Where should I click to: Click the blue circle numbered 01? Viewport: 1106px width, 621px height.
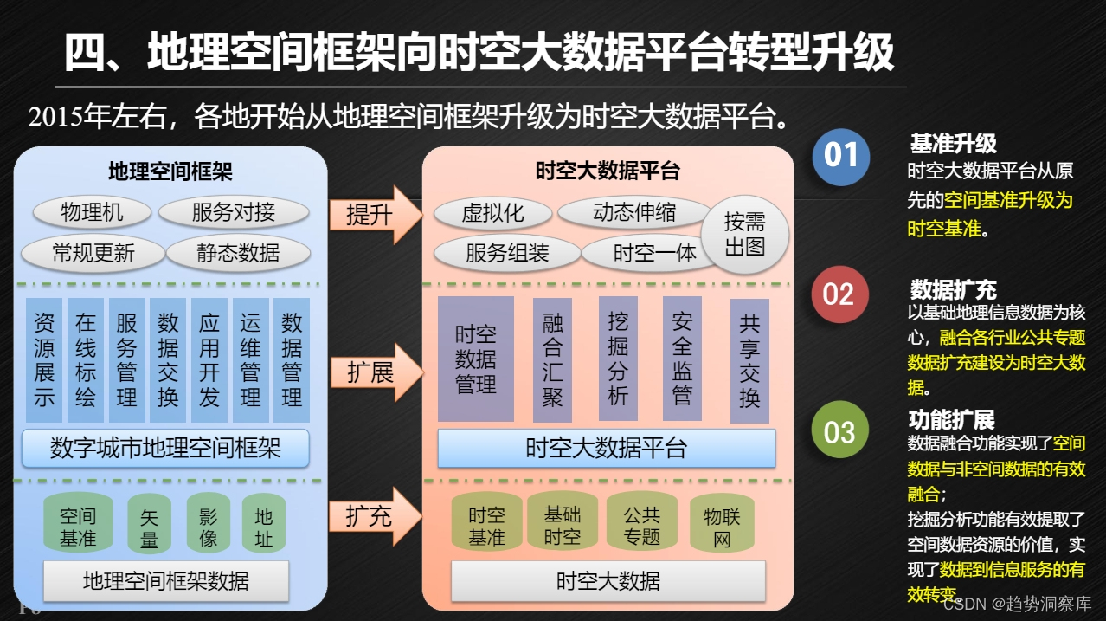point(840,157)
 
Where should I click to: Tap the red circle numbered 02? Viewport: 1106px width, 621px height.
point(839,294)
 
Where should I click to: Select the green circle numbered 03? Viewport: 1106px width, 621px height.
point(839,430)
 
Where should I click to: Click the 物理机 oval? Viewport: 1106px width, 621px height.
point(92,212)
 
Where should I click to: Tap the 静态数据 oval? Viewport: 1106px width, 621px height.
point(237,253)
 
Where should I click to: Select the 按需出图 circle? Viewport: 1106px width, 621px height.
point(744,234)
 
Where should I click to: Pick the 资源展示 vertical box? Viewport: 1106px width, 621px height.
point(44,360)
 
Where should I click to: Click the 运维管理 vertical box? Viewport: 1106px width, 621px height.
point(250,360)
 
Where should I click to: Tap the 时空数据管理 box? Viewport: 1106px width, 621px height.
point(475,359)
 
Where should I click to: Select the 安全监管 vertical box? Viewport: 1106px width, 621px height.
point(682,359)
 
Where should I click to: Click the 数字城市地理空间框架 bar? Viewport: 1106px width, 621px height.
point(165,448)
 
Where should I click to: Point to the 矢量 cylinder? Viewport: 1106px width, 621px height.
point(149,525)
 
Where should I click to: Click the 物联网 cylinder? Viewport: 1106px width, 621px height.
point(722,526)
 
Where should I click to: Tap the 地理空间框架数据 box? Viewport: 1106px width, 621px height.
point(165,580)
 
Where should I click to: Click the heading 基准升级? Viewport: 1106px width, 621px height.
point(953,144)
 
